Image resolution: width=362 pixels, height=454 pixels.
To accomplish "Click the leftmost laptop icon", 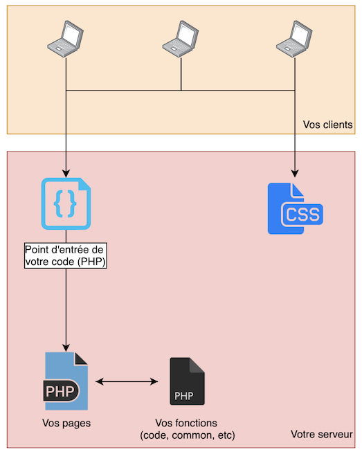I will (66, 37).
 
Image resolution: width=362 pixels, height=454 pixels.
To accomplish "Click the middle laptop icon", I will (181, 37).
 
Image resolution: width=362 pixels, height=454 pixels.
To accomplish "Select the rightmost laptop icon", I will (296, 37).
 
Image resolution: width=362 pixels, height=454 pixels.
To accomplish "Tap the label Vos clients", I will (327, 125).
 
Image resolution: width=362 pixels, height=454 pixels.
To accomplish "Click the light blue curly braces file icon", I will (66, 204).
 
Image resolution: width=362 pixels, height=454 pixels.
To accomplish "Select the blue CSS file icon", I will (296, 208).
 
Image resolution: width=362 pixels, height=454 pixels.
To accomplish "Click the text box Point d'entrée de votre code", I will (66, 255).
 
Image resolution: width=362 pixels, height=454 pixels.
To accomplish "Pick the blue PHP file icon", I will (66, 381).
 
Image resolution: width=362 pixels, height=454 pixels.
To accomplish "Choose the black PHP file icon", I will (187, 381).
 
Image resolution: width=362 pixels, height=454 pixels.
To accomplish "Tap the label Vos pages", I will (66, 423).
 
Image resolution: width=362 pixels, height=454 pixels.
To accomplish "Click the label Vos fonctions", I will (187, 423).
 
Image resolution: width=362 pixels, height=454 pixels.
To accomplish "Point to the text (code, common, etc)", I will (187, 435).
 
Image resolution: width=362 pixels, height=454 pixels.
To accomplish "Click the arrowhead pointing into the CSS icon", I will (296, 174).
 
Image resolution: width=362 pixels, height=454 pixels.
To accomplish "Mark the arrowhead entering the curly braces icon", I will (66, 173).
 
